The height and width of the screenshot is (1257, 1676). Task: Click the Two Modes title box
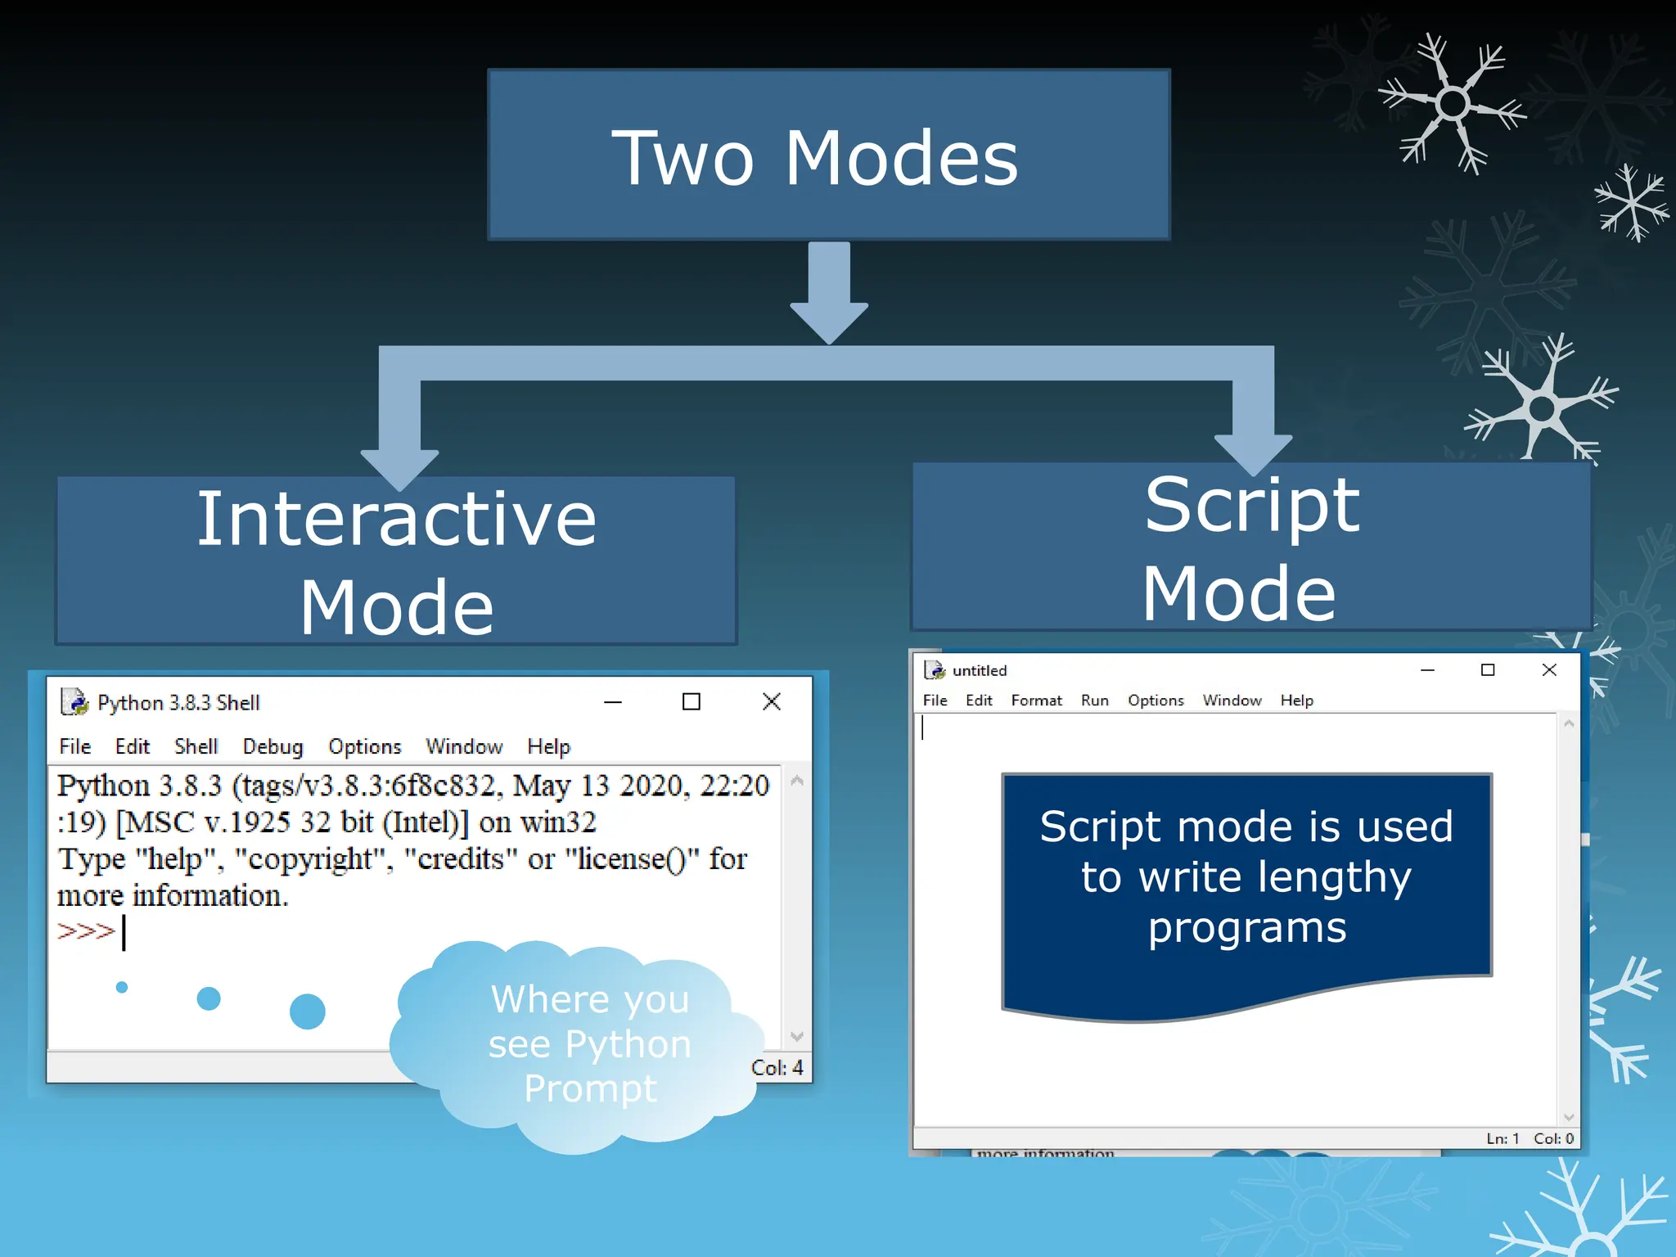click(828, 155)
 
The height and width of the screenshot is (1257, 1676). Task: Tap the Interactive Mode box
click(396, 561)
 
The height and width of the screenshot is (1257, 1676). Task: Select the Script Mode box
click(1250, 547)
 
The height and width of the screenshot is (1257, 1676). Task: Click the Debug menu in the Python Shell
click(273, 746)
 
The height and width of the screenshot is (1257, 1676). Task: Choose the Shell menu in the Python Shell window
click(196, 746)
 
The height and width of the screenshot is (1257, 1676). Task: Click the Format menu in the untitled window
click(1036, 701)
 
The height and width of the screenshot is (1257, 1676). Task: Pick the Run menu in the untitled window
click(1094, 701)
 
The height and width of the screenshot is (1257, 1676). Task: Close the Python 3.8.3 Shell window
click(771, 701)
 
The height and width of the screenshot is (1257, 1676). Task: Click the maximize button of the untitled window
click(1488, 670)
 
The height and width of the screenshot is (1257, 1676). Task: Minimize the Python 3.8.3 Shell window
click(612, 702)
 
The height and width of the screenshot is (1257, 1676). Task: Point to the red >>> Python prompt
click(85, 931)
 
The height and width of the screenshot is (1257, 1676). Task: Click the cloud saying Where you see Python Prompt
click(588, 1043)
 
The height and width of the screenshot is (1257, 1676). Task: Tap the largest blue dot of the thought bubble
click(308, 1011)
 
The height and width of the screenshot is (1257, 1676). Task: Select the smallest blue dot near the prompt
click(122, 987)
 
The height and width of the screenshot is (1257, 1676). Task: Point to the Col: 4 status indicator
click(777, 1068)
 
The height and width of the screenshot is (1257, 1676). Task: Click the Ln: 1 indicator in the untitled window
click(1503, 1138)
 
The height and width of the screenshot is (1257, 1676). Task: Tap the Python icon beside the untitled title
click(934, 670)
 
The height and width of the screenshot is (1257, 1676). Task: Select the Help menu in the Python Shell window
click(548, 746)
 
